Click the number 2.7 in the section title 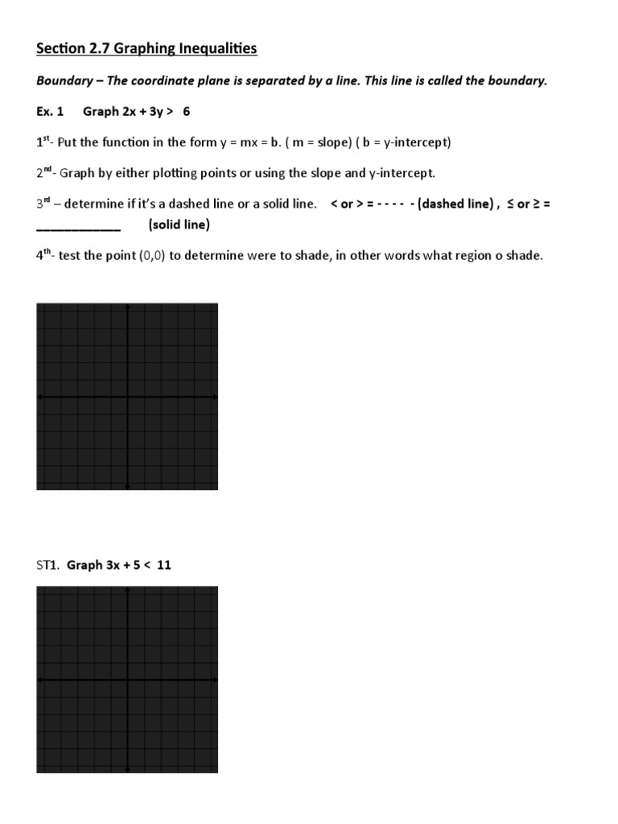pyautogui.click(x=99, y=49)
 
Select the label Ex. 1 pyautogui.click(x=50, y=112)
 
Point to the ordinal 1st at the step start pyautogui.click(x=44, y=142)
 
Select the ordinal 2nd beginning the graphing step pyautogui.click(x=46, y=173)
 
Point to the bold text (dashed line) pyautogui.click(x=454, y=204)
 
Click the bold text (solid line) pyautogui.click(x=179, y=225)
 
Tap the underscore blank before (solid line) pyautogui.click(x=78, y=227)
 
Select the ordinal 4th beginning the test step pyautogui.click(x=46, y=256)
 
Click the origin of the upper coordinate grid pyautogui.click(x=127, y=397)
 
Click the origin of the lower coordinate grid pyautogui.click(x=127, y=680)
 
